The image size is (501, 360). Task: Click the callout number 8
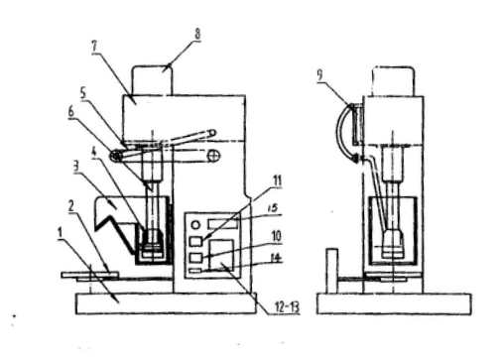[197, 35]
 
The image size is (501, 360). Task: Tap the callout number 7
[94, 47]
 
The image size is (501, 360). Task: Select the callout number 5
[82, 93]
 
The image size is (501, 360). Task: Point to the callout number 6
[71, 112]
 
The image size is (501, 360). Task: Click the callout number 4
[94, 153]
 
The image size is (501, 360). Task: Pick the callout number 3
[76, 167]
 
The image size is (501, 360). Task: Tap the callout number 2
[70, 206]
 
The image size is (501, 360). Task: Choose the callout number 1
[60, 233]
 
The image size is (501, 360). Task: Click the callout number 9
[319, 75]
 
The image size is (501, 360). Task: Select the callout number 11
[277, 180]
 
